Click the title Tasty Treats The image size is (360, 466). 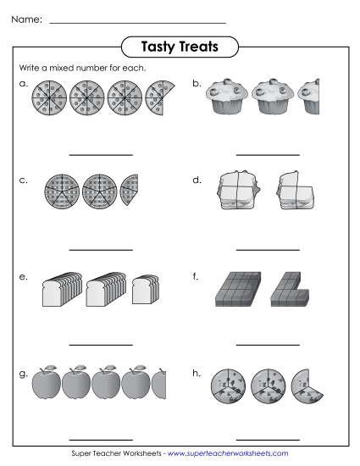[x=180, y=47]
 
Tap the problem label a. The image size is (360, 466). [x=23, y=83]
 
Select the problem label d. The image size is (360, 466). [x=197, y=180]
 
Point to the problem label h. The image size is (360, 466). [x=197, y=372]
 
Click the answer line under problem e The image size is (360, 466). [x=100, y=345]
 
